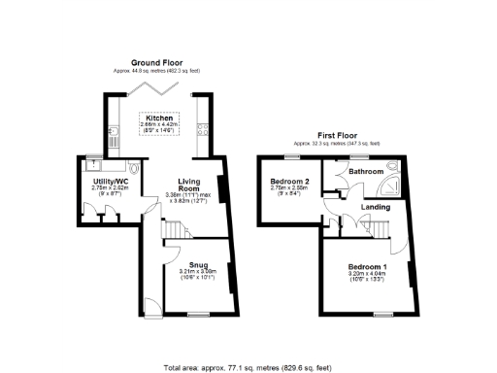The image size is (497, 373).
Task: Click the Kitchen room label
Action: click(x=159, y=119)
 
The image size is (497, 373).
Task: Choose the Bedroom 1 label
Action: click(x=368, y=267)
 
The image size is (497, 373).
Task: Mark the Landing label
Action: click(x=376, y=207)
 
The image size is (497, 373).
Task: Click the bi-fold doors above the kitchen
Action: click(x=158, y=88)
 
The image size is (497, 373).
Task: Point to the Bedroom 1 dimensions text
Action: click(x=368, y=276)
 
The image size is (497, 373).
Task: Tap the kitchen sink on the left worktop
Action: click(x=114, y=142)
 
